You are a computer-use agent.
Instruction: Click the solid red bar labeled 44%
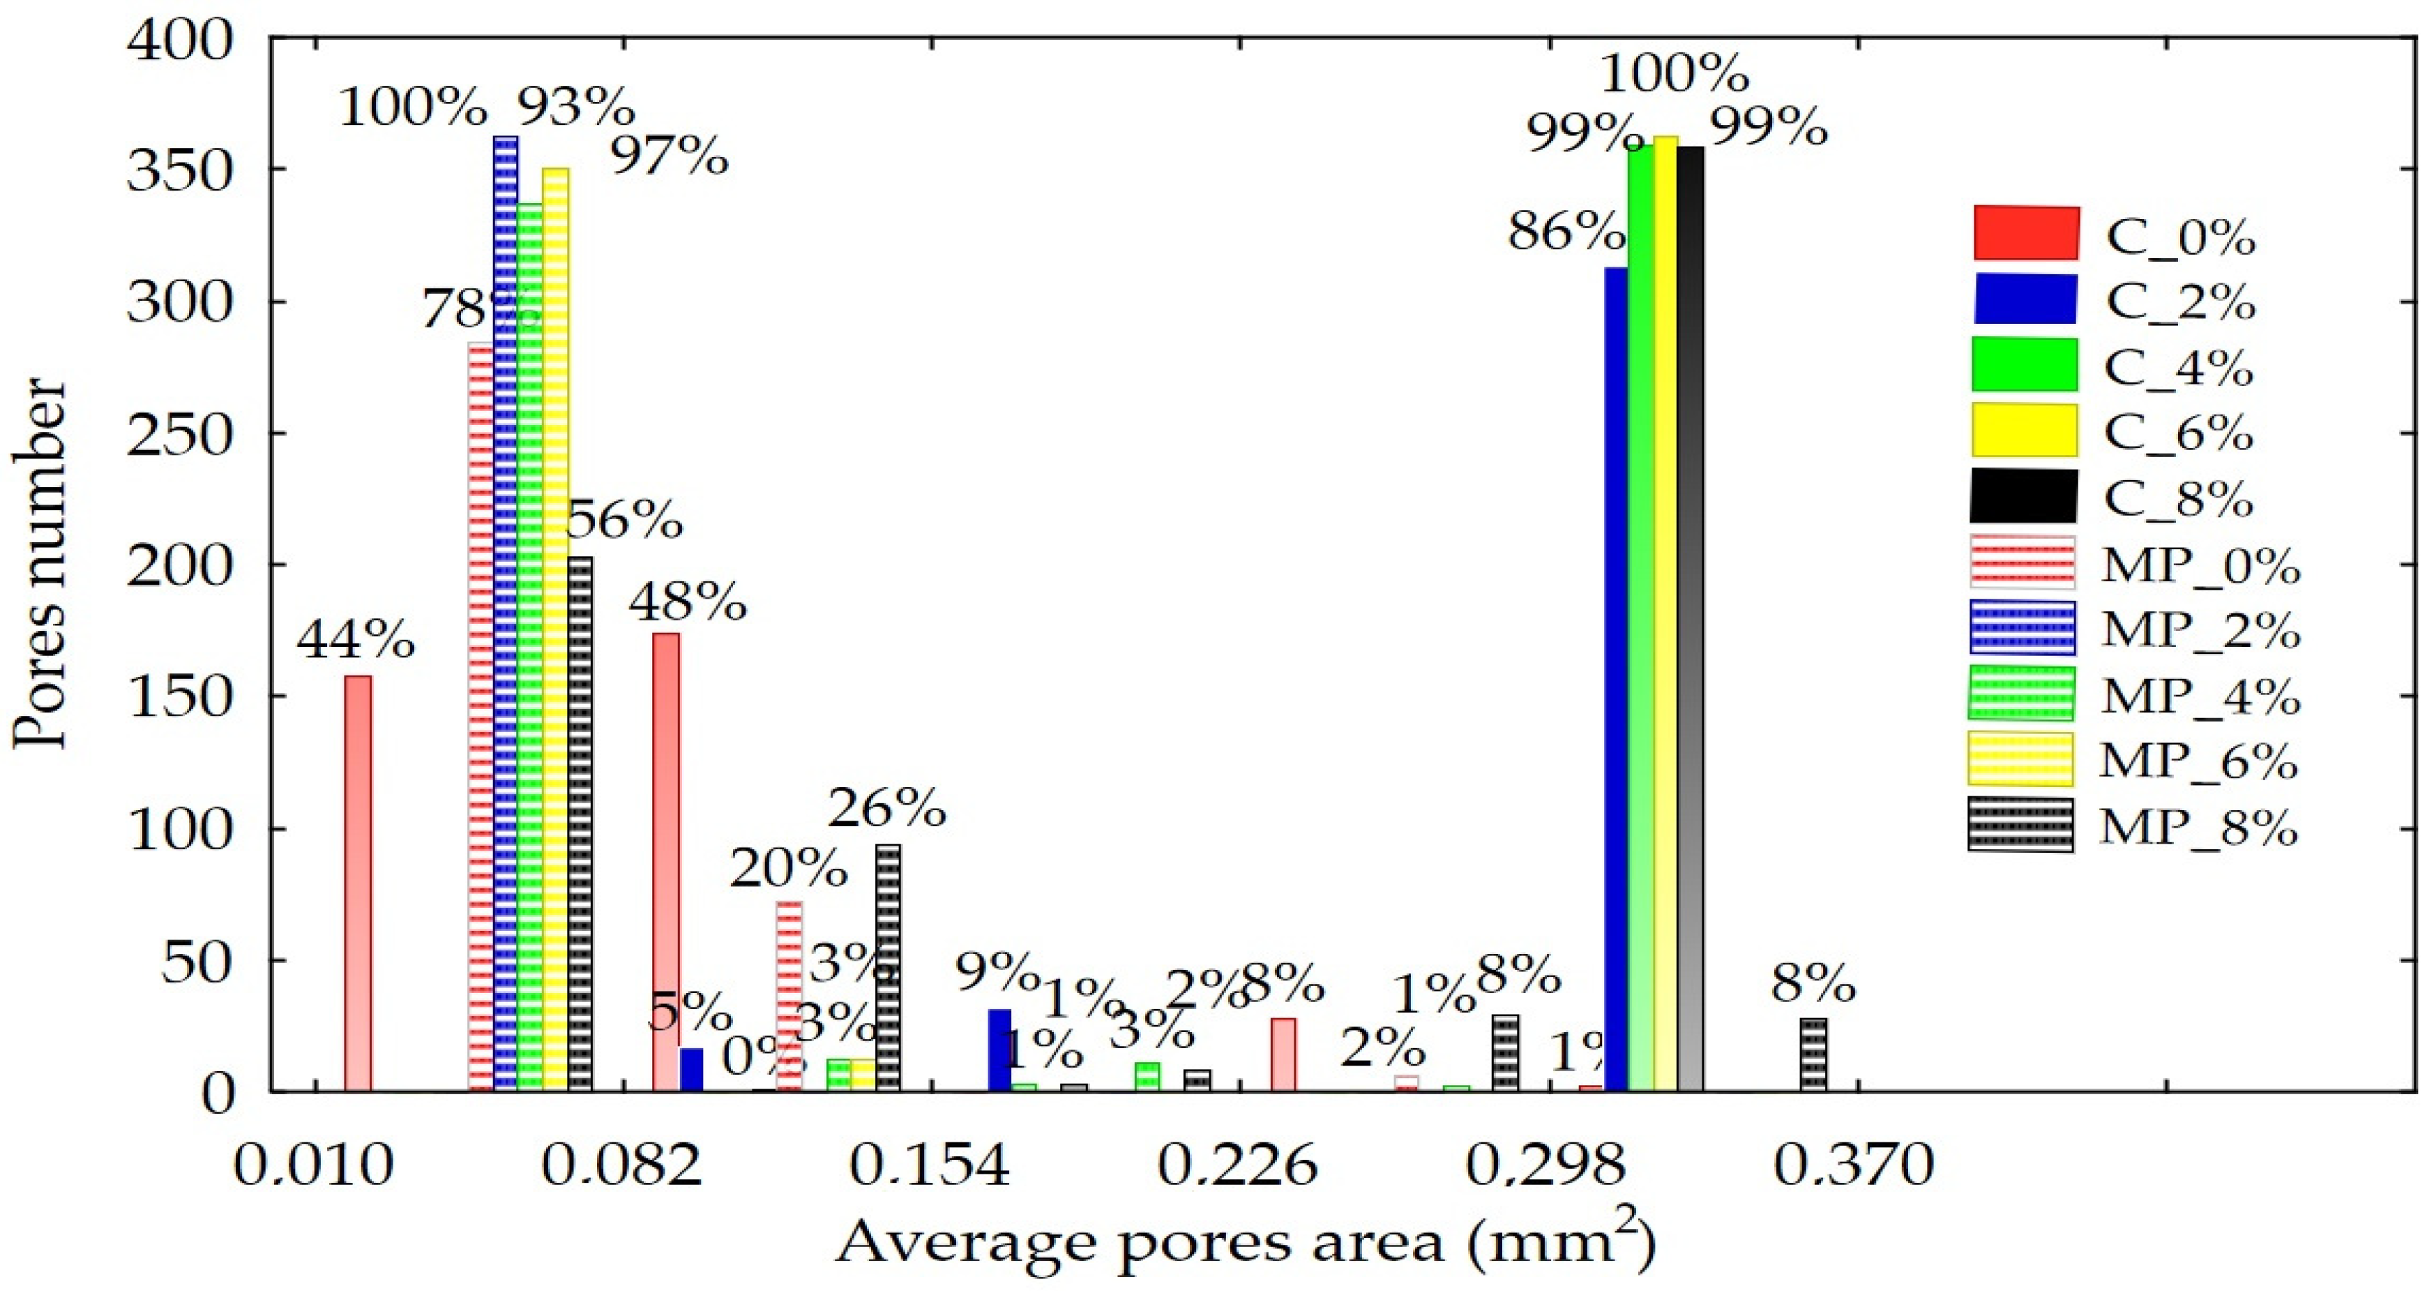(x=357, y=883)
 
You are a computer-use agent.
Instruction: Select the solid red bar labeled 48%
(x=666, y=862)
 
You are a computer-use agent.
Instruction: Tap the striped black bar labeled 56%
(x=580, y=824)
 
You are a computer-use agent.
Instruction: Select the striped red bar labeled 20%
(x=789, y=996)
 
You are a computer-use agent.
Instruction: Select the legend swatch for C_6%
(x=2025, y=430)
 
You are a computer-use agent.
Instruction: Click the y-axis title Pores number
(x=40, y=565)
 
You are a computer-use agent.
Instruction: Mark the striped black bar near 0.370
(x=1813, y=1054)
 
